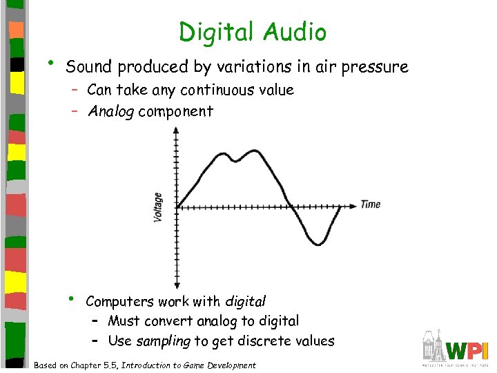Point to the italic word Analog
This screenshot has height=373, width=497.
110,112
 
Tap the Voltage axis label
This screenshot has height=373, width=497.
158,207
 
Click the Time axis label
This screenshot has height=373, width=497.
370,204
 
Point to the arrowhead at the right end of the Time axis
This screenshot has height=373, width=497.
354,205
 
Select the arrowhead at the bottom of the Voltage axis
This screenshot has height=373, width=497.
177,284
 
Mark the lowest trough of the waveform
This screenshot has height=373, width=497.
317,242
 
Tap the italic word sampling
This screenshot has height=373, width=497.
163,341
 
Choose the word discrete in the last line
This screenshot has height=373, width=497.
265,341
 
